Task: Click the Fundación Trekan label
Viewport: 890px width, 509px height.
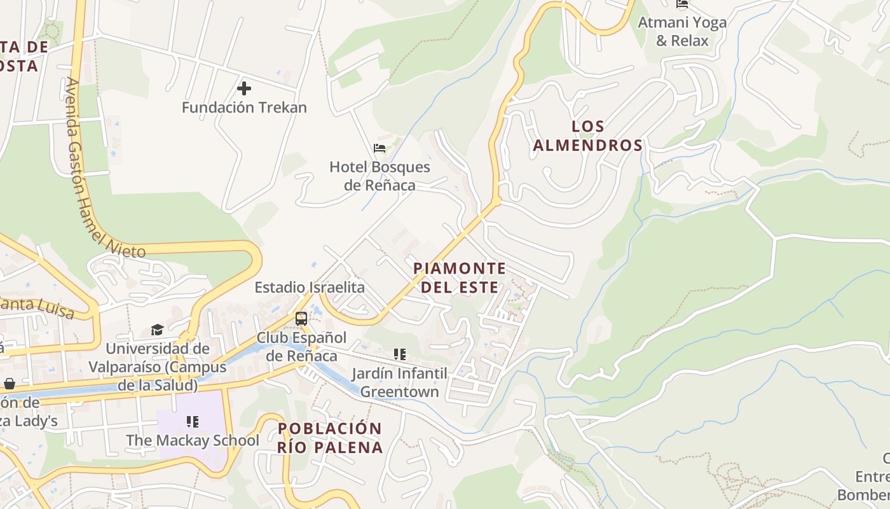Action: [244, 108]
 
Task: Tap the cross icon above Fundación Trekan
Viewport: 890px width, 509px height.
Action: [244, 88]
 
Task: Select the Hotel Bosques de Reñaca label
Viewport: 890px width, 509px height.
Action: [380, 176]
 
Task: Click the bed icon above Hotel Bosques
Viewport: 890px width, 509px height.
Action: [380, 148]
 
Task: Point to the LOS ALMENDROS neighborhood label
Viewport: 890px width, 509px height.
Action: [587, 136]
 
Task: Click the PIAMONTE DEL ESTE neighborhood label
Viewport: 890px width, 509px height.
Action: [460, 277]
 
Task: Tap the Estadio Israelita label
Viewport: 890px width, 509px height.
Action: [310, 288]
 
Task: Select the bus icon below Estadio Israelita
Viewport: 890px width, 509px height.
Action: [301, 319]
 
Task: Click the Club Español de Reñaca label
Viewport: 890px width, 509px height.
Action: [301, 346]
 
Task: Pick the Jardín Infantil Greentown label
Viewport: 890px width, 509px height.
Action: [399, 382]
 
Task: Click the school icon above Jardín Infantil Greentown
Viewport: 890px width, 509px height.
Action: [399, 354]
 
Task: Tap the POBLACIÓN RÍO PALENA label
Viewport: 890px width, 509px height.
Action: [330, 438]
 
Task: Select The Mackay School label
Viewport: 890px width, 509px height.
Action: [192, 440]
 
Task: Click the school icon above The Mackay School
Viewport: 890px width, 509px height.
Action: [193, 421]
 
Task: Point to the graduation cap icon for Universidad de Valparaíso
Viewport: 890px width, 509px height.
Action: [157, 329]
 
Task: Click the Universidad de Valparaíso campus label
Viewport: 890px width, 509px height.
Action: [157, 367]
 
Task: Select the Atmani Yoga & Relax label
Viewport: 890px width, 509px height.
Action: [682, 31]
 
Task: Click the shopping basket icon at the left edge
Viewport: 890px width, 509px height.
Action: [10, 384]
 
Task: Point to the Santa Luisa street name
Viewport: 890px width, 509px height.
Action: [38, 308]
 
